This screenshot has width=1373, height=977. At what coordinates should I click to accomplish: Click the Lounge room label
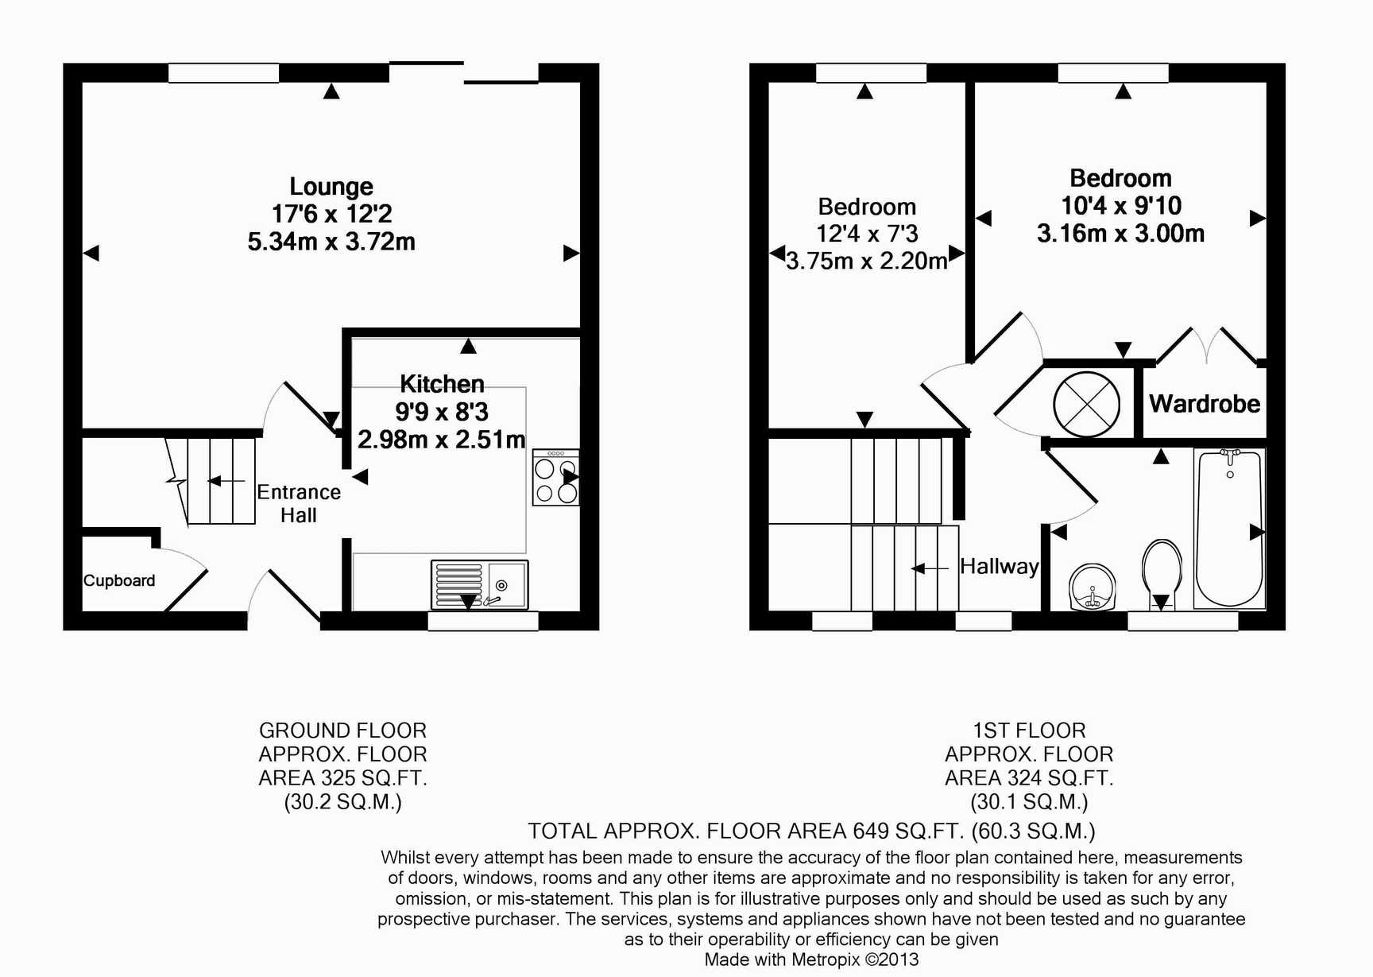331,187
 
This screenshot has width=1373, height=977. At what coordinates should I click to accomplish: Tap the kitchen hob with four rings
556,477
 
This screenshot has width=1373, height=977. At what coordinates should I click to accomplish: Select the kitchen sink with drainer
479,584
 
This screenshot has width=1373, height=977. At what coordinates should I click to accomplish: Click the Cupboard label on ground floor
119,581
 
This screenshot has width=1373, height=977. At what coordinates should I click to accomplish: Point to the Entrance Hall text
299,503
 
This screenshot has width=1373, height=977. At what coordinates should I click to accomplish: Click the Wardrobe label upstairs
1205,404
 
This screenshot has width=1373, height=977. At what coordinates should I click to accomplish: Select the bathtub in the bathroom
1229,529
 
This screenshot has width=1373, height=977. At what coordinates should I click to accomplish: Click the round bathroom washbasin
1093,587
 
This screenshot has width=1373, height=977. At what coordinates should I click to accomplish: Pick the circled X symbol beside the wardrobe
1086,405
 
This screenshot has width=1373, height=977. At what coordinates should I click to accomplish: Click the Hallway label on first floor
999,566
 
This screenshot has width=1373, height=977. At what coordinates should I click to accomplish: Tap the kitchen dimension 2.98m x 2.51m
441,440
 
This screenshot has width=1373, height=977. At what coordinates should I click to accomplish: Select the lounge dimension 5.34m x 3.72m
331,242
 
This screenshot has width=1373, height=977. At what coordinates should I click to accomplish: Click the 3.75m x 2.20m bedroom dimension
867,261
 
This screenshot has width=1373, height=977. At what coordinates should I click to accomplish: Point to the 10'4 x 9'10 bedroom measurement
1121,206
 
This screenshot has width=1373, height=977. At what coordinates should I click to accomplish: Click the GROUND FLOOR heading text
343,731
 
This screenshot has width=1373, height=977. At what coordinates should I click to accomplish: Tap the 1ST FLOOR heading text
1029,731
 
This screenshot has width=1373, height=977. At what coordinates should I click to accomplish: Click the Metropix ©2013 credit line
855,960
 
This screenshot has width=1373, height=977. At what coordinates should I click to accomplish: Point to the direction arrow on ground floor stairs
226,481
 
